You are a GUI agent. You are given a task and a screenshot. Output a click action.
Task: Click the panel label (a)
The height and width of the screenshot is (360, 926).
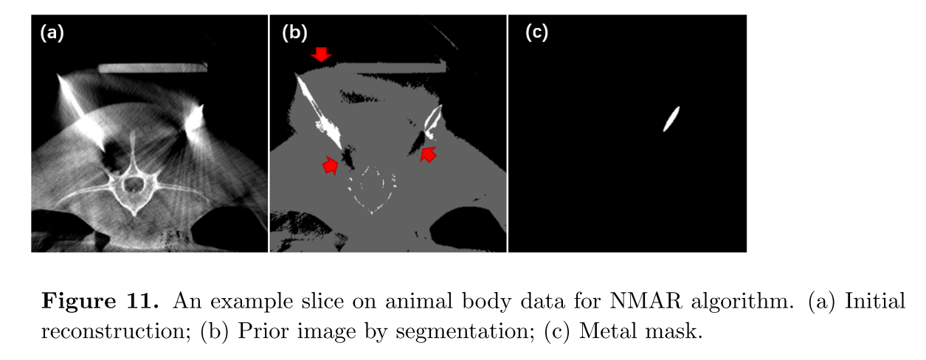(x=52, y=32)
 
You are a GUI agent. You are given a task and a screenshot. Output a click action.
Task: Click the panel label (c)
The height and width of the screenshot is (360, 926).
(x=536, y=32)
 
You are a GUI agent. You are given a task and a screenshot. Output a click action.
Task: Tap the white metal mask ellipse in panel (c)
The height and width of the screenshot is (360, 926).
(x=671, y=119)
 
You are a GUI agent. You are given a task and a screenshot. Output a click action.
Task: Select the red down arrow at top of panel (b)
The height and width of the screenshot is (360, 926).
(x=321, y=54)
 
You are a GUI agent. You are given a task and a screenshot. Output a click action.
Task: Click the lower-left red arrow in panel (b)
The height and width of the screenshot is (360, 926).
(x=330, y=167)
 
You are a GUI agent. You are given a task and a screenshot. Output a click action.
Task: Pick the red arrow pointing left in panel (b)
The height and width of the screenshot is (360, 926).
(x=428, y=154)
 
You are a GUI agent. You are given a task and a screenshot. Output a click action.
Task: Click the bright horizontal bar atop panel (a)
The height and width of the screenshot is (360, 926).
(x=153, y=67)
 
